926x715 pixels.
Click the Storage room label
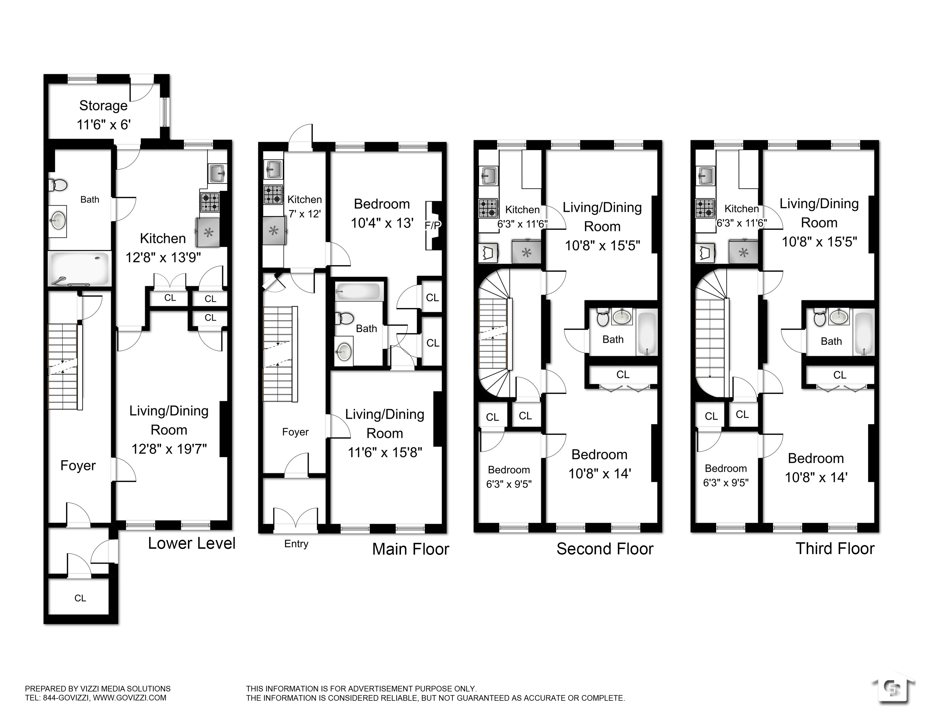[x=104, y=105]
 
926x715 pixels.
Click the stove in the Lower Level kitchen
[x=210, y=202]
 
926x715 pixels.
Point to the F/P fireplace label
[x=432, y=226]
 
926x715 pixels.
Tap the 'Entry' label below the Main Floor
[x=296, y=544]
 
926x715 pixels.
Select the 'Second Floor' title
[x=605, y=549]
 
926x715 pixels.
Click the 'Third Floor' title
[x=835, y=548]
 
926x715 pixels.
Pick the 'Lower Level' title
[x=192, y=543]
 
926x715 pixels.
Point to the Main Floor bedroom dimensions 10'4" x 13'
[x=382, y=223]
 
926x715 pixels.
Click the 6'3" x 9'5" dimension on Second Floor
[x=509, y=484]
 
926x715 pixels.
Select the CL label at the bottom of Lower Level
[x=80, y=598]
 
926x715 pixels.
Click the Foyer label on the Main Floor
[x=295, y=432]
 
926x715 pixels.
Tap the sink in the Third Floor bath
[x=839, y=317]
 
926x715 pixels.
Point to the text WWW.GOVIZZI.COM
[x=130, y=698]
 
